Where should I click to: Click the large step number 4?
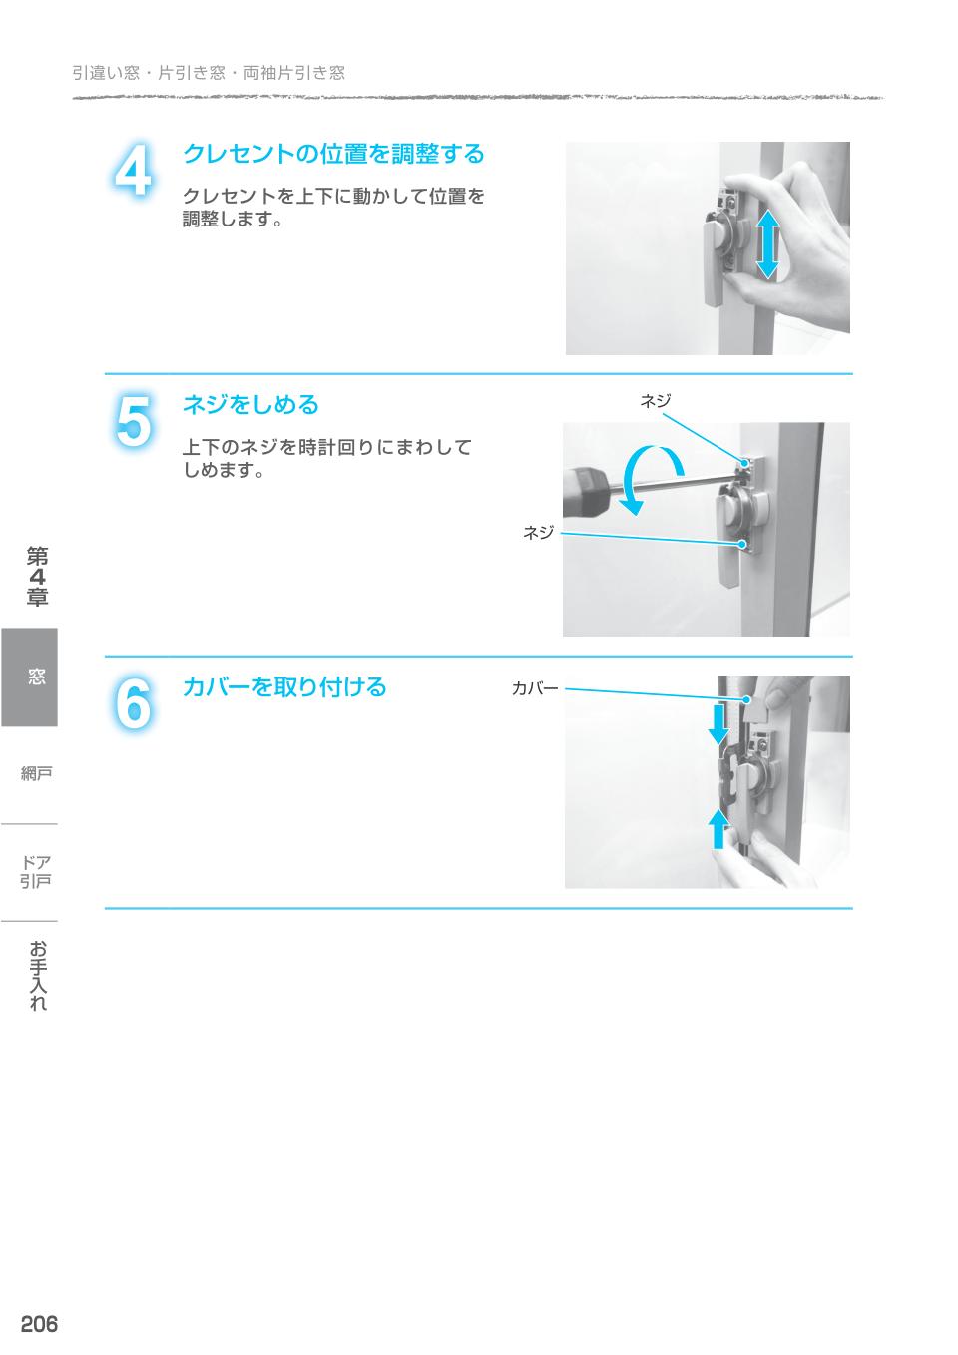pos(133,171)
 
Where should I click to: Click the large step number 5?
pos(133,422)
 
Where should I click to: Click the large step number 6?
pos(133,704)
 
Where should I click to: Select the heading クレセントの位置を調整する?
pos(332,154)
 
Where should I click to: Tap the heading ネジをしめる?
pos(250,405)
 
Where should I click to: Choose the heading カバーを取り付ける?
pos(283,687)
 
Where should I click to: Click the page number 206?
pos(39,1324)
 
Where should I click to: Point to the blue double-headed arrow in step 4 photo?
pos(767,243)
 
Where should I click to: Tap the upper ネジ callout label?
pos(655,401)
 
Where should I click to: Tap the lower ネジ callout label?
pos(538,533)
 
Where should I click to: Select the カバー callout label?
pos(535,688)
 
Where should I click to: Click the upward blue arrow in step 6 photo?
pos(718,828)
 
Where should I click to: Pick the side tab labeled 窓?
pos(30,677)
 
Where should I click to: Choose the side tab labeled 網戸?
pos(37,773)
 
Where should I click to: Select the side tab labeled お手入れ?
pos(37,975)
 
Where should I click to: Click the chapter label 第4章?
pos(37,577)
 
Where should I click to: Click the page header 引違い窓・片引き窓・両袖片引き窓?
pos(209,73)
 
